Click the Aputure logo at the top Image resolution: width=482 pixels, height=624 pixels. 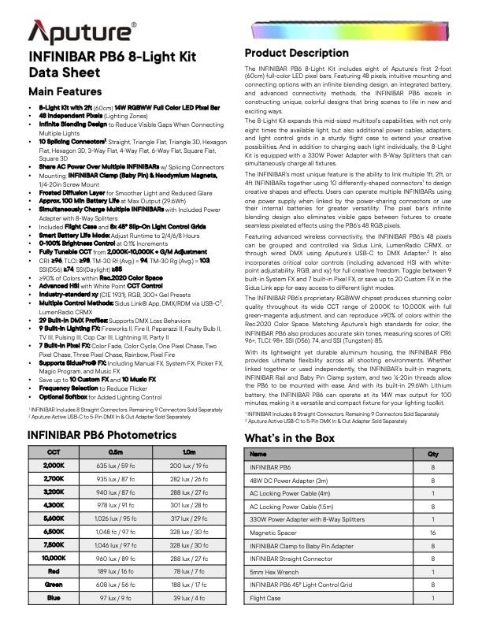click(82, 31)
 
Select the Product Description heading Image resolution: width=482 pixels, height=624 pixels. click(296, 53)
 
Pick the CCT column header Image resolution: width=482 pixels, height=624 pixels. click(54, 451)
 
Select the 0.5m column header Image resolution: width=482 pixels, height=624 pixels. click(115, 451)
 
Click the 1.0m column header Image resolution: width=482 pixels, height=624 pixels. click(188, 451)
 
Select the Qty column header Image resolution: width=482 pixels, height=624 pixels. click(432, 455)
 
